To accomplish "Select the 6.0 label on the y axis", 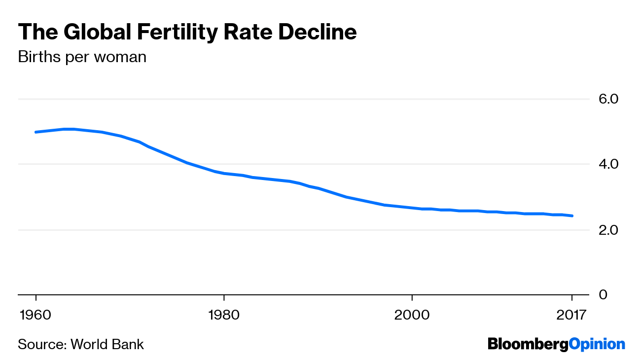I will point(608,99).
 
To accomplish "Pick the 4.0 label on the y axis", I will point(608,164).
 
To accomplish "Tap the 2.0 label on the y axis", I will point(608,230).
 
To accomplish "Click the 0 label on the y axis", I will point(603,295).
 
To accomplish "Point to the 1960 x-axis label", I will point(36,315).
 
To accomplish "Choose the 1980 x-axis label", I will point(224,315).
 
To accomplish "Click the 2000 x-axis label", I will point(411,315).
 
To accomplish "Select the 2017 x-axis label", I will point(571,315).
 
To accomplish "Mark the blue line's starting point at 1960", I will point(36,132).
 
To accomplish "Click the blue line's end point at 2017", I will point(572,216).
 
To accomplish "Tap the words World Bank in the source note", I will point(107,344).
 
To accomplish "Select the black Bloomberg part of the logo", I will point(528,344).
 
